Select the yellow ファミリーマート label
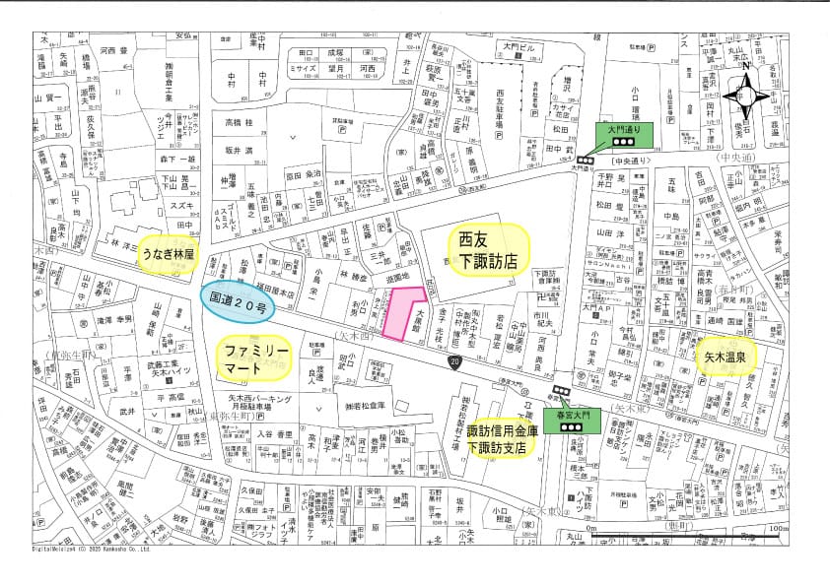point(255,358)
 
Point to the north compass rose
point(746,95)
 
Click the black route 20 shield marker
point(452,363)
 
